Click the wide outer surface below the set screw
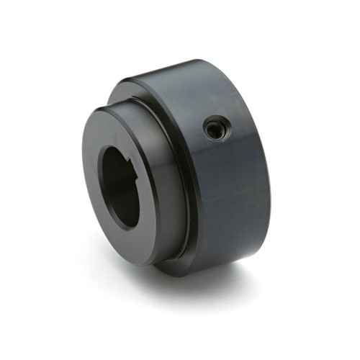tap(223, 202)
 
